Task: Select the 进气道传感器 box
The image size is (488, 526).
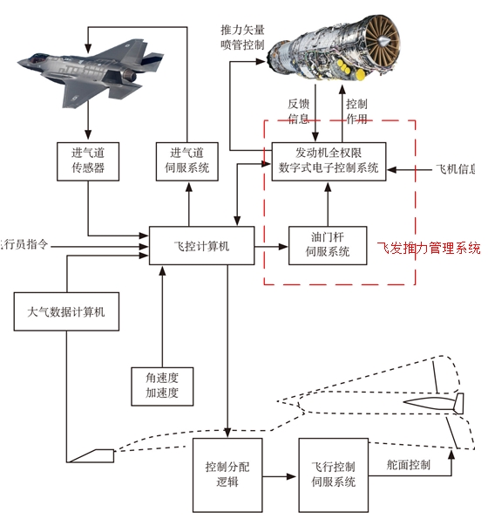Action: pos(88,161)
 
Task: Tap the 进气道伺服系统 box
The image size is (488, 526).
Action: pos(186,161)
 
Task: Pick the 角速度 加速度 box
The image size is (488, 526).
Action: pos(161,386)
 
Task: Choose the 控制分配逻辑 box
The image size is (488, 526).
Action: pos(227,475)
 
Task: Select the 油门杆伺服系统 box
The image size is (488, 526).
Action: pos(327,244)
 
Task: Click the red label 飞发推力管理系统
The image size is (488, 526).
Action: pos(429,249)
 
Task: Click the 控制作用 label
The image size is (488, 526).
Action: pos(356,112)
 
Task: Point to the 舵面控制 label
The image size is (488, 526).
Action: pos(409,465)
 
